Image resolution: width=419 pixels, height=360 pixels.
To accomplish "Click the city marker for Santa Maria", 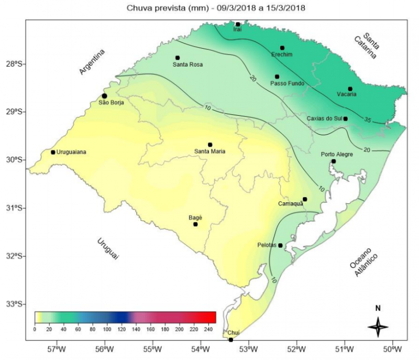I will pyautogui.click(x=210, y=145).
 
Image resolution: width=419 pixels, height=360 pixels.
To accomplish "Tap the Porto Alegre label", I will pyautogui.click(x=337, y=155).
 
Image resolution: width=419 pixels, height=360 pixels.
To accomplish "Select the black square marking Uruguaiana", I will pyautogui.click(x=53, y=152).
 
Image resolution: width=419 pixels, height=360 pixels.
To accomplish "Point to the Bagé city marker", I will pyautogui.click(x=195, y=224).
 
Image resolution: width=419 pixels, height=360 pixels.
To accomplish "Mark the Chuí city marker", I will pyautogui.click(x=231, y=340).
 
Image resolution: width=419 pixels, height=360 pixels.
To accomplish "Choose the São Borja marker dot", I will pyautogui.click(x=105, y=96).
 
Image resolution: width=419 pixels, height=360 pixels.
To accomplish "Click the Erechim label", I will pyautogui.click(x=282, y=54).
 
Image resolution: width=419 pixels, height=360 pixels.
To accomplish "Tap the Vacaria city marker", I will pyautogui.click(x=350, y=89).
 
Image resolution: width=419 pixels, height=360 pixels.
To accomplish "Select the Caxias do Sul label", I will pyautogui.click(x=323, y=118).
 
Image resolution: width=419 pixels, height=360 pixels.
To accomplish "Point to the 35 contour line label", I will pyautogui.click(x=368, y=121).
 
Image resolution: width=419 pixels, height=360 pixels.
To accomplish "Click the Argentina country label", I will pyautogui.click(x=92, y=62).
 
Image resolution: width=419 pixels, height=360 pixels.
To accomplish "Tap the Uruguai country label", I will pyautogui.click(x=107, y=248).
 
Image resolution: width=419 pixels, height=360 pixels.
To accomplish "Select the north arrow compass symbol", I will pyautogui.click(x=378, y=326).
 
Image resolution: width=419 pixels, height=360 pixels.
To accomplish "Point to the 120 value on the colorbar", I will pyautogui.click(x=122, y=329).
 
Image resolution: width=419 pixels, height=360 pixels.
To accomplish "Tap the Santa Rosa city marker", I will pyautogui.click(x=178, y=58).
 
